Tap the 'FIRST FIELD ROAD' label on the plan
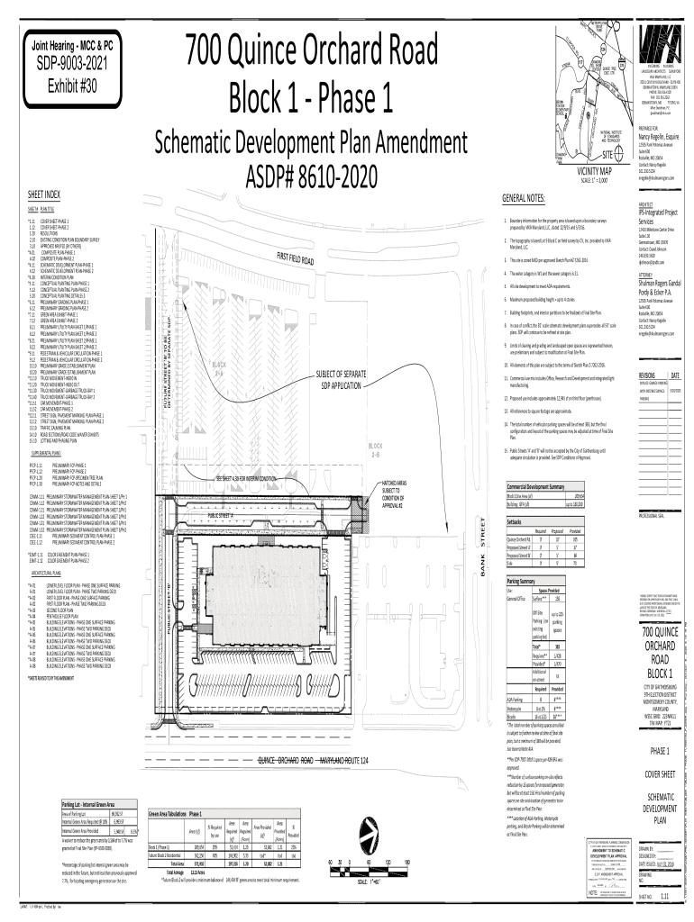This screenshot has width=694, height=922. [x=294, y=258]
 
